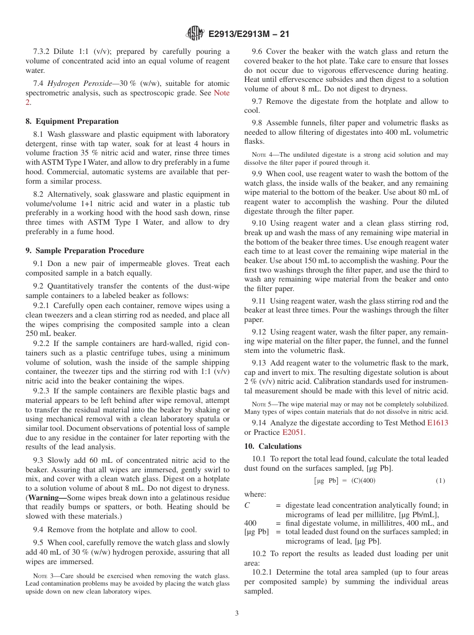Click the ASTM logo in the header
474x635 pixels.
195,34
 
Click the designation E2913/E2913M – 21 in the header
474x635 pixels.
248,34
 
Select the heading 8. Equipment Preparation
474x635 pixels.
72,121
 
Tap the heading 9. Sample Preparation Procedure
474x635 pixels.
85,251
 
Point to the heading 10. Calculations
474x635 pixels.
273,446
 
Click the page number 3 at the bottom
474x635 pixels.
237,613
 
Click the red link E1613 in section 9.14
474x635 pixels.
438,423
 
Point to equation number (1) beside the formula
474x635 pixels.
440,481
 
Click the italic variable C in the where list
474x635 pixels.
247,505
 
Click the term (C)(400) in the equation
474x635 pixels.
363,481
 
